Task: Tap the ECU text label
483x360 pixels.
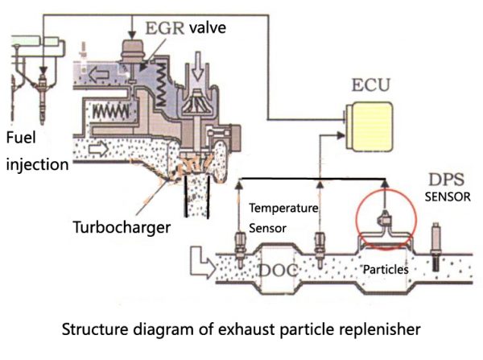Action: point(369,85)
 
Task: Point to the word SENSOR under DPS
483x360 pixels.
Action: point(447,197)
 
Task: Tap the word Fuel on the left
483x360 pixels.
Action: point(22,138)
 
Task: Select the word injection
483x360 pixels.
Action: point(35,164)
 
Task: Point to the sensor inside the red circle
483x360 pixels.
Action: point(385,219)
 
